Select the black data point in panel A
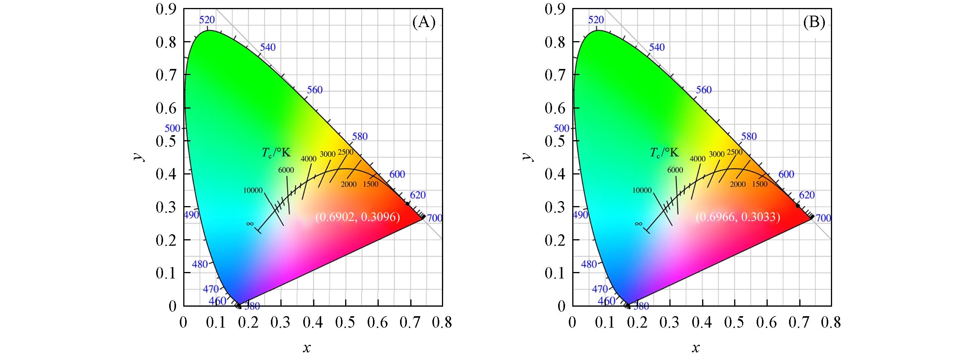(407, 204)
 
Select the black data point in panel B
(798, 206)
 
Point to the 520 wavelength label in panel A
(207, 20)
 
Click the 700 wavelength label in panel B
(823, 218)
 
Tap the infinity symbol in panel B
(639, 224)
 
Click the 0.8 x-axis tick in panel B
(831, 323)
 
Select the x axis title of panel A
(306, 348)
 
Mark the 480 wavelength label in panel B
(589, 264)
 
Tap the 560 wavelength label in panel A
(315, 90)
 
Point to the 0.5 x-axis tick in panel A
(346, 323)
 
